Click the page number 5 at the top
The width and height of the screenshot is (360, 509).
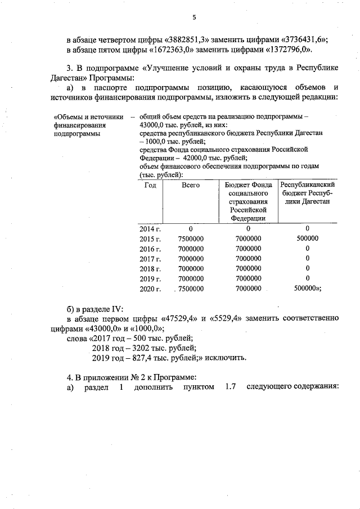click(x=194, y=17)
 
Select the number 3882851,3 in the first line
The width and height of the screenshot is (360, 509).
click(x=188, y=39)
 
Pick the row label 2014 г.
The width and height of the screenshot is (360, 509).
click(x=150, y=228)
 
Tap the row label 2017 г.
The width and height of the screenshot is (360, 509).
click(x=150, y=259)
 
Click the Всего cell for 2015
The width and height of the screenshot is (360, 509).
click(x=191, y=238)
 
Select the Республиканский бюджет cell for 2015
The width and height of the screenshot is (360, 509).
click(x=307, y=238)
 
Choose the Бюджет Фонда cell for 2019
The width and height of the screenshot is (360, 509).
click(x=248, y=278)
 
